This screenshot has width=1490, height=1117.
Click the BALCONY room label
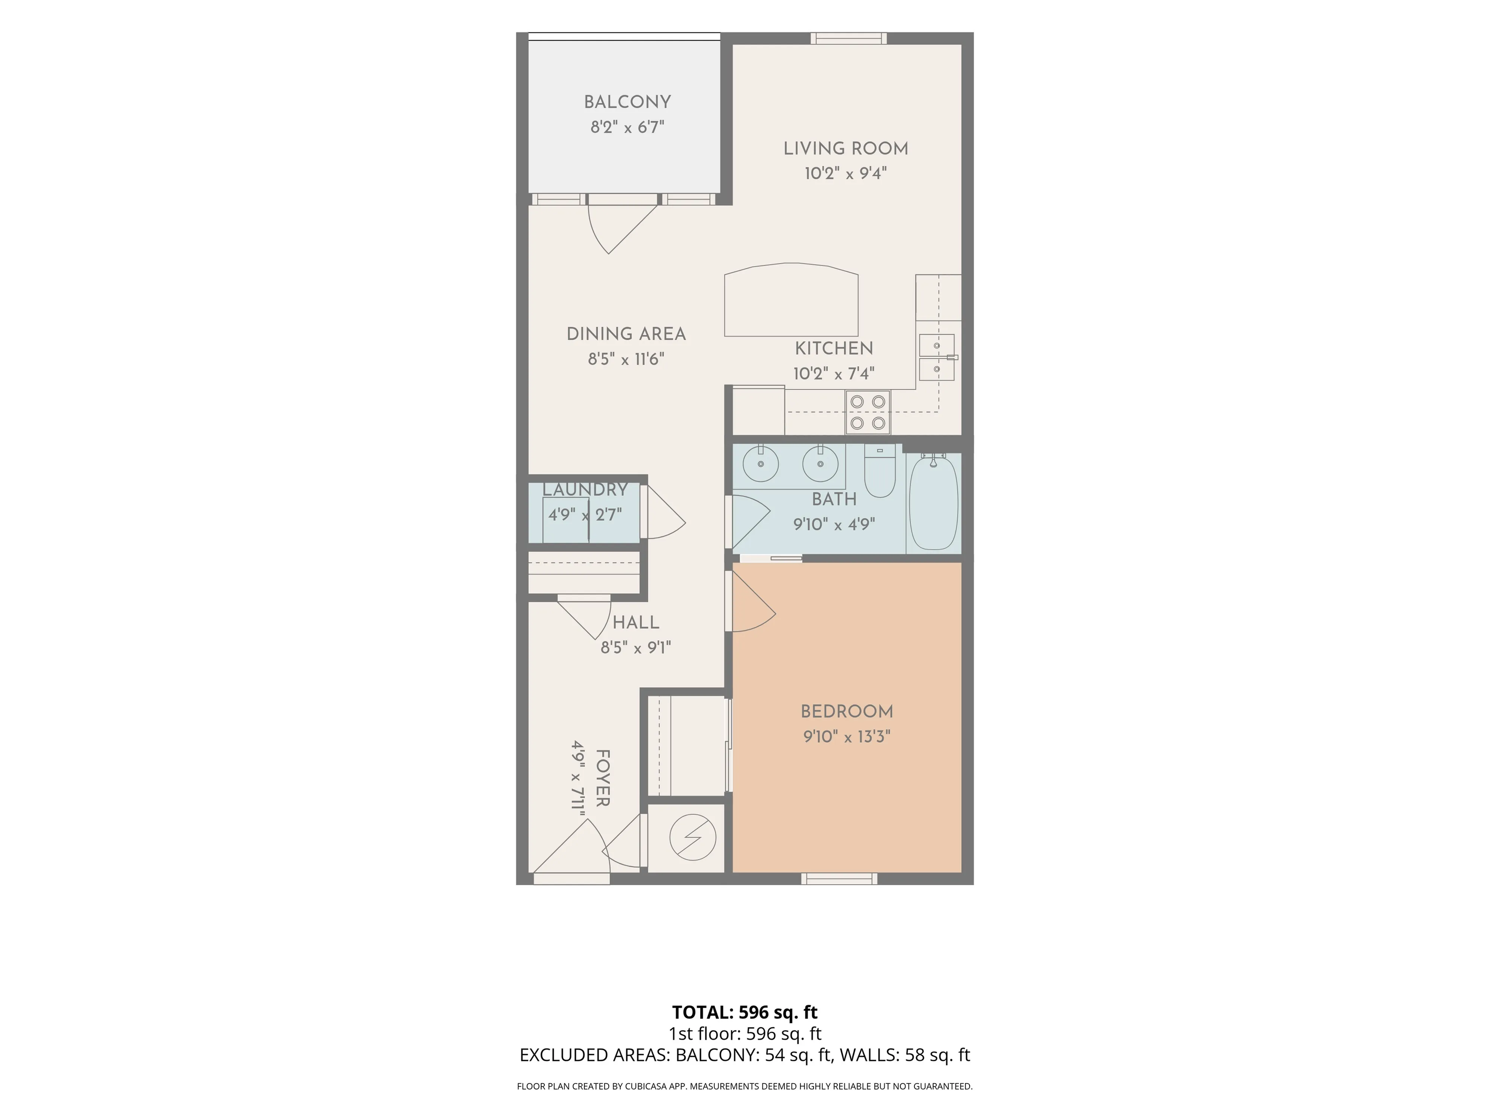[627, 102]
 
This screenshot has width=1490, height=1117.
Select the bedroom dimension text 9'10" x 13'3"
[847, 736]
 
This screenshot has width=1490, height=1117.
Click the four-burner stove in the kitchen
[868, 412]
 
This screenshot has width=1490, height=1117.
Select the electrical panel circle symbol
[692, 838]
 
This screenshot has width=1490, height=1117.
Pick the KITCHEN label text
[834, 348]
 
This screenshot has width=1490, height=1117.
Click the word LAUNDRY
[585, 490]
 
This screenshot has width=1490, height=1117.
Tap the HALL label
[636, 622]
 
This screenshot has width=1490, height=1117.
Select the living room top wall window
[848, 38]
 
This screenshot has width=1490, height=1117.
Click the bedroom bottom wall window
[839, 879]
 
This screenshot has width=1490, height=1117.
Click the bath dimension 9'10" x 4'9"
[834, 524]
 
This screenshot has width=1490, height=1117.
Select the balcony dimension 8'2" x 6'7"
[627, 127]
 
